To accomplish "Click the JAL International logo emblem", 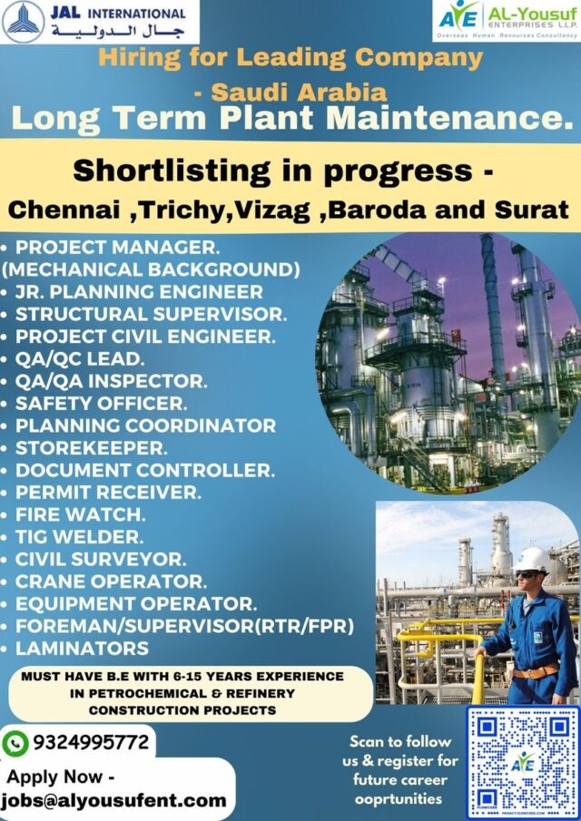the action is coord(23,22).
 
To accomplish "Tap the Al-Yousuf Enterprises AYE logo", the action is coord(458,18).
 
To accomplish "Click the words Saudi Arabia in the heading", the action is coord(300,93).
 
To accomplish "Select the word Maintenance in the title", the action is coord(448,118).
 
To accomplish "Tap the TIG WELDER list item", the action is coord(79,537).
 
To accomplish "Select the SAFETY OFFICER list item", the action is coord(101,403).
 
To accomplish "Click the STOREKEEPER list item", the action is coord(91,447).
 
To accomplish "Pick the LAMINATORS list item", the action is coord(82,649).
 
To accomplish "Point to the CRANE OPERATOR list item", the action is coord(111,582).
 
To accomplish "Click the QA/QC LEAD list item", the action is coord(79,358).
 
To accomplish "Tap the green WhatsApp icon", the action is coord(15,744).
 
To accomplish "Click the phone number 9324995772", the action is coord(91,742).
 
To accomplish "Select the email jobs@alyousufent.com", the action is coord(114,800).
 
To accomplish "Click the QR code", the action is coord(524,763).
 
